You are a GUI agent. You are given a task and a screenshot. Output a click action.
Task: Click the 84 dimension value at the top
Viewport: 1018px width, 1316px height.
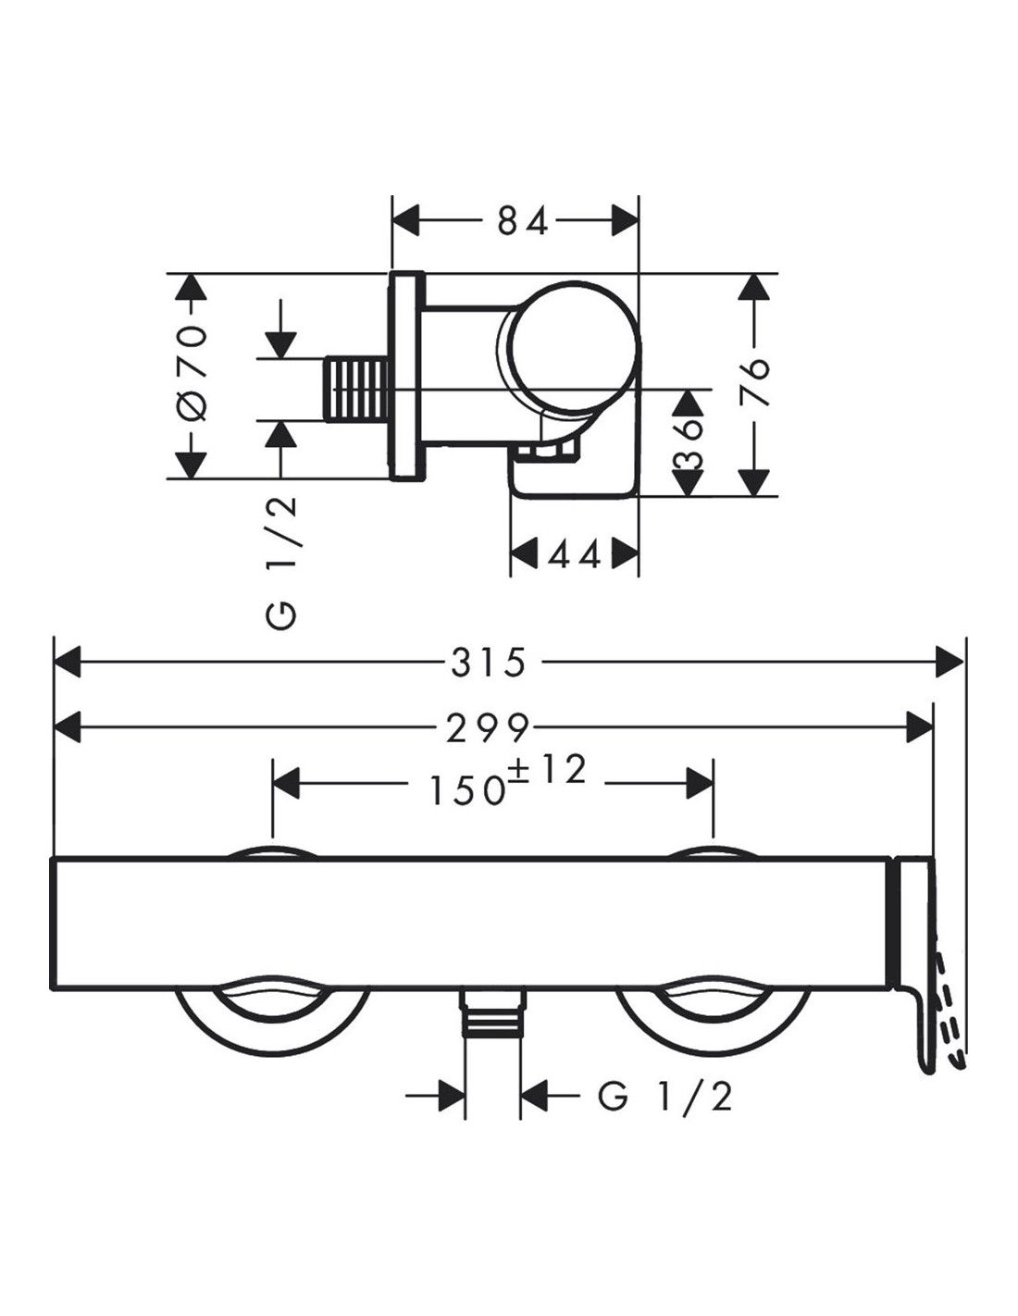(x=523, y=221)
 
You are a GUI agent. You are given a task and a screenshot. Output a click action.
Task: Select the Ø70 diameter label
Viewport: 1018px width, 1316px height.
(x=192, y=376)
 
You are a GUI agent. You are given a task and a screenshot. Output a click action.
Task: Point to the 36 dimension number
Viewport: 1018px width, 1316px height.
(x=688, y=442)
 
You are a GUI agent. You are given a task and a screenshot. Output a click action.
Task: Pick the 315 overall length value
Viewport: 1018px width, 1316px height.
(x=489, y=663)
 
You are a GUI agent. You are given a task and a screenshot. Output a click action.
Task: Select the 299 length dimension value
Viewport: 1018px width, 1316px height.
(x=489, y=728)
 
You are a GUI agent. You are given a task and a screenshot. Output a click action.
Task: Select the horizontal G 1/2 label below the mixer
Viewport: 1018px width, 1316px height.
(x=664, y=1098)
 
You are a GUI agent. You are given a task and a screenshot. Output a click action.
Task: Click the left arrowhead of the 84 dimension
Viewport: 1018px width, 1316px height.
(x=407, y=221)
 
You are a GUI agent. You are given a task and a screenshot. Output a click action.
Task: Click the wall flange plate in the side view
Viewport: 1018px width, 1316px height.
(x=406, y=377)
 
